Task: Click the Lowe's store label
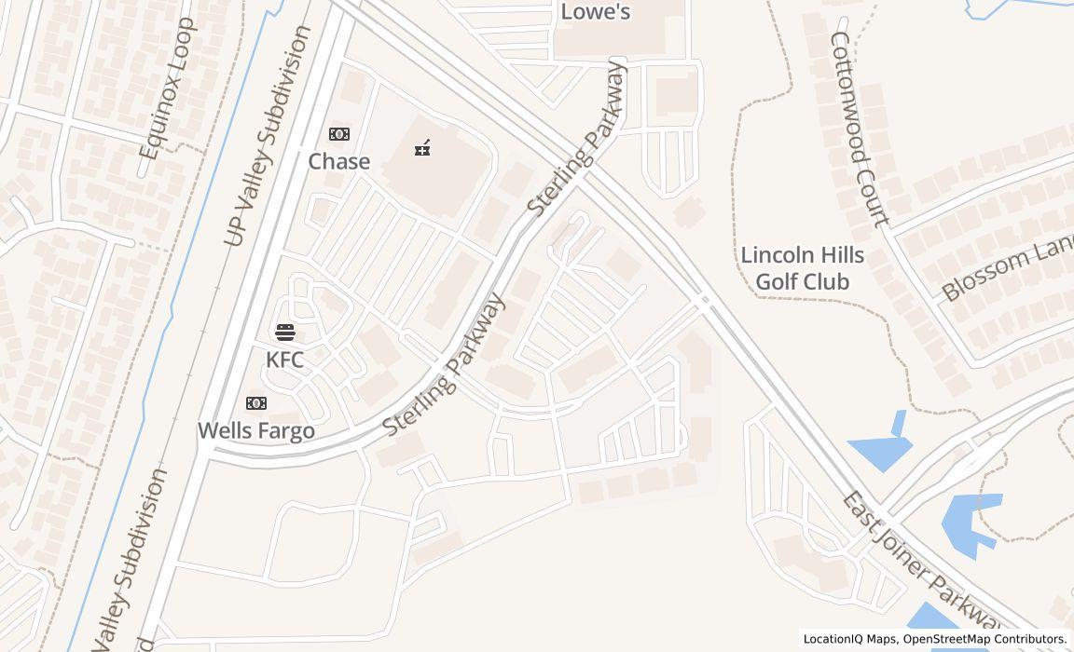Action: coord(595,12)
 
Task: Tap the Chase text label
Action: coord(339,161)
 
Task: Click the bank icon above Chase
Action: coord(339,135)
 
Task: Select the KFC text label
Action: coord(284,360)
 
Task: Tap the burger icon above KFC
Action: coord(285,333)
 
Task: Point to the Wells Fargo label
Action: coord(256,430)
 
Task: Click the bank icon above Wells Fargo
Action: coord(256,403)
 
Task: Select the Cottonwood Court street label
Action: coord(860,129)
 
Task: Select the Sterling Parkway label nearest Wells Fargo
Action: coord(446,364)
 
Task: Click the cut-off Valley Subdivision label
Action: coord(131,559)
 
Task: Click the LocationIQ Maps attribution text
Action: coord(849,639)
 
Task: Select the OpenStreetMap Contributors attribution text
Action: coord(984,639)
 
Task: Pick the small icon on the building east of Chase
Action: coord(421,147)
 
